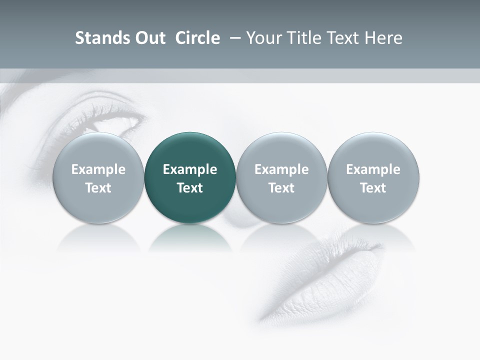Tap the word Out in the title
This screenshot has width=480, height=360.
coord(149,38)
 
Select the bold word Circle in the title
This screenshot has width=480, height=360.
coord(197,38)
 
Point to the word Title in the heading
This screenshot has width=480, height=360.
coord(301,38)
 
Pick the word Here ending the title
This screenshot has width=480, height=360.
coord(383,38)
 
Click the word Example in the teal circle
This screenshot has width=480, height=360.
coord(190,169)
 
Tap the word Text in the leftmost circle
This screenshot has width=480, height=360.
coord(98,188)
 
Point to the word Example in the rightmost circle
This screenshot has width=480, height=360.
coord(373,169)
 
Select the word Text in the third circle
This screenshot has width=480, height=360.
coord(281,188)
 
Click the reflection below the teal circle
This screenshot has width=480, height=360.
coord(190,237)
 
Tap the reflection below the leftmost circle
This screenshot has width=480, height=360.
coord(98,237)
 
